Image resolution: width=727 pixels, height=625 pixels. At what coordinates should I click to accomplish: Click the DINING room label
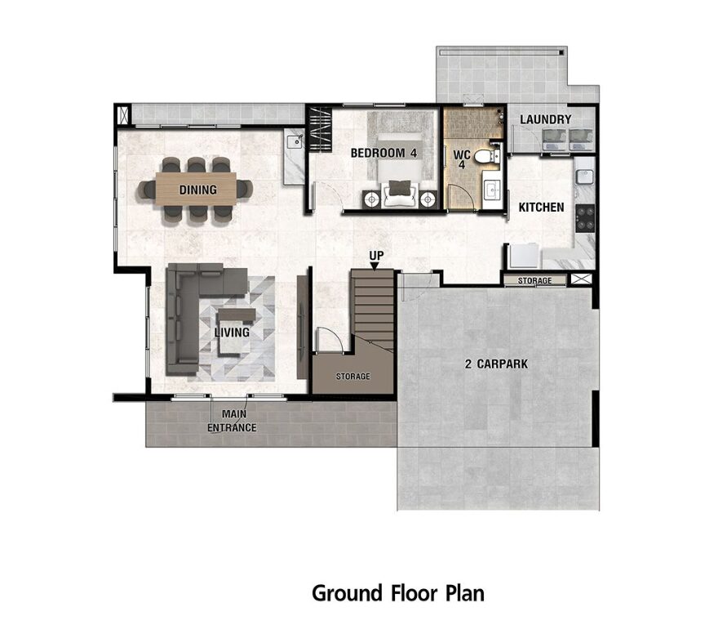coord(198,190)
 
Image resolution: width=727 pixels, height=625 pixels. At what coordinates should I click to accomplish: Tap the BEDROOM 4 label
coord(383,153)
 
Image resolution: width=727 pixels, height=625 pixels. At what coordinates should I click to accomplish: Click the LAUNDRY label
coord(545,119)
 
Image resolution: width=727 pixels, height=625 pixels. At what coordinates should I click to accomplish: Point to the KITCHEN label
coord(541,207)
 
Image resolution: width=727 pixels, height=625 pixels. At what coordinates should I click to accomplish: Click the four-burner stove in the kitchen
coord(585,218)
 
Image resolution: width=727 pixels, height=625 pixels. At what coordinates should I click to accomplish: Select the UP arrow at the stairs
coord(375,266)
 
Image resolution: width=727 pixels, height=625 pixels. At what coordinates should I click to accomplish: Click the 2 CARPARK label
coord(496,364)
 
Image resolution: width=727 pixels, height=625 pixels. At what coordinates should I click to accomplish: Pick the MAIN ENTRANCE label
coord(232,421)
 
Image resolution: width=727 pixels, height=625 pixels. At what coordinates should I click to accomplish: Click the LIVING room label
coord(232,333)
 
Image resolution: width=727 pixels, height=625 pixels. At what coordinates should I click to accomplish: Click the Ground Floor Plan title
coord(398,593)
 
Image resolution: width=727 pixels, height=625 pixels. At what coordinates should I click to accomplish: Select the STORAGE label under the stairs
coord(352,376)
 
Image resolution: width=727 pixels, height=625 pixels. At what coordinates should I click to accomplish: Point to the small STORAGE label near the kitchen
coord(534,280)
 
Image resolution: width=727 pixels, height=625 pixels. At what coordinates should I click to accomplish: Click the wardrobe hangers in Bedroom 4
coord(320,129)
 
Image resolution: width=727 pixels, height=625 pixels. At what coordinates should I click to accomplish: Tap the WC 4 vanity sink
coord(491,189)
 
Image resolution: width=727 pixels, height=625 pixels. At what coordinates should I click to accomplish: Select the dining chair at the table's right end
coord(245,190)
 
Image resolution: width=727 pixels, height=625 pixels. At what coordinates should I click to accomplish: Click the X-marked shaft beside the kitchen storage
coord(581,279)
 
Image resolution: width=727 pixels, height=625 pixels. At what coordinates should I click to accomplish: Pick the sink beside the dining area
coord(294,140)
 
